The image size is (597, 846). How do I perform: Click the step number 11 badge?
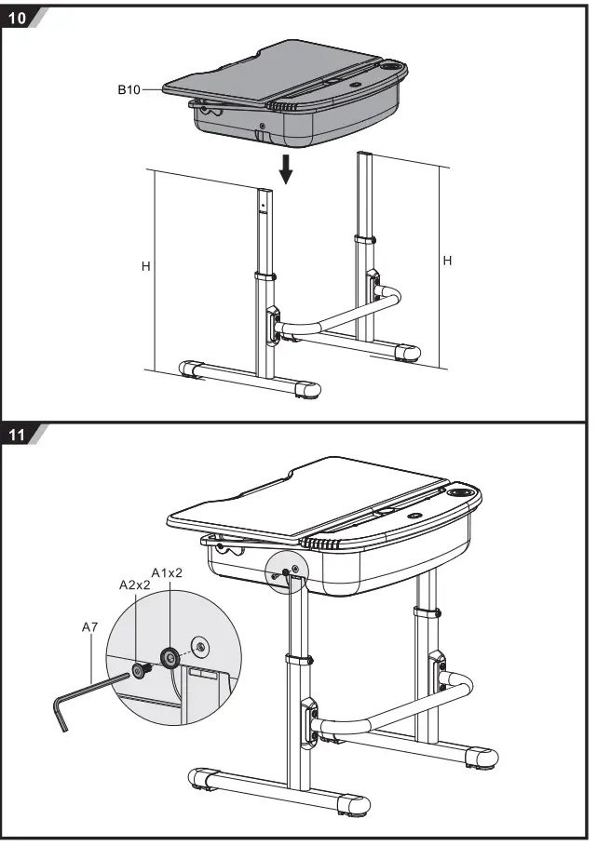(x=18, y=435)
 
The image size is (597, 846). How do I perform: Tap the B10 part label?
(x=129, y=89)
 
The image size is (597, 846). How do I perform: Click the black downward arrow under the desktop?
(x=287, y=169)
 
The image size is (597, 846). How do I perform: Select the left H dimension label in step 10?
(x=145, y=266)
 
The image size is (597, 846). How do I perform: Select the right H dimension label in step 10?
(x=447, y=262)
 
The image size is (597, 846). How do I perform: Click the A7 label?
(x=89, y=628)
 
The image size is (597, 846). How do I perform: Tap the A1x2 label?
(x=167, y=572)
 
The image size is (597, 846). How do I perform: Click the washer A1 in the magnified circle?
(x=170, y=657)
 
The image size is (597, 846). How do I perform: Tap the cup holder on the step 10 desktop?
(x=393, y=67)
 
